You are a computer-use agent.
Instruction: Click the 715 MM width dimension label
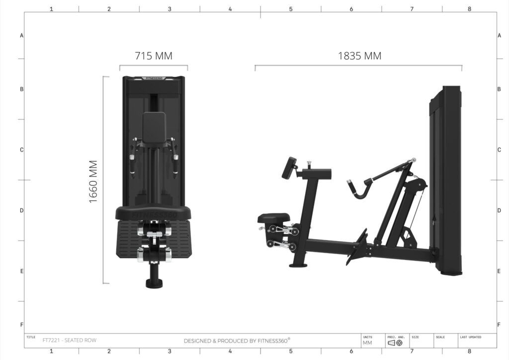[154, 56]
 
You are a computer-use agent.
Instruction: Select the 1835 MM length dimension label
[360, 56]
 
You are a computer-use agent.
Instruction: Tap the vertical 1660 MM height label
[93, 182]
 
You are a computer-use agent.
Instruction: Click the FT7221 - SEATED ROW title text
[70, 340]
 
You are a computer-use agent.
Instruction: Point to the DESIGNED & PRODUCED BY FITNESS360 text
[237, 341]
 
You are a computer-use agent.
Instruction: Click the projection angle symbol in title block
[395, 343]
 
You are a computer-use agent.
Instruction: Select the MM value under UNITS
[367, 343]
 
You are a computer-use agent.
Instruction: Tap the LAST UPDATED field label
[470, 337]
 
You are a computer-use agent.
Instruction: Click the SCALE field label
[440, 337]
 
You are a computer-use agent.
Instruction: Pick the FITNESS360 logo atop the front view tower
[154, 78]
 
